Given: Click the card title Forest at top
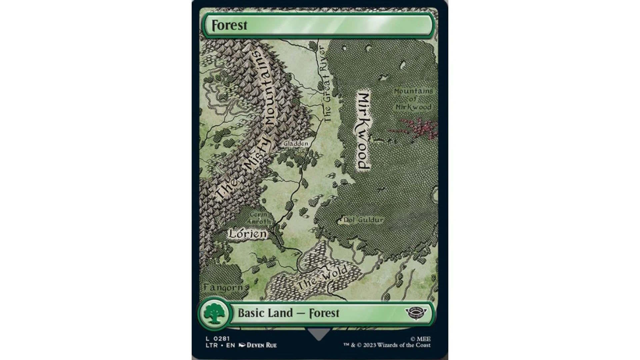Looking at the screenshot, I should point(230,25).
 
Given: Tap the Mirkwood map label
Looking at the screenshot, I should point(363,131).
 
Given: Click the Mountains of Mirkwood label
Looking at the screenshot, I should point(413,99).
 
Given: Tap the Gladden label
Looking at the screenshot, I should point(296,144).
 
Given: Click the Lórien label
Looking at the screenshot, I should point(248,234).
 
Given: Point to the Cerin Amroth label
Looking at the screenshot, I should point(259,218).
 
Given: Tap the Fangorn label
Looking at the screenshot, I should point(223,287).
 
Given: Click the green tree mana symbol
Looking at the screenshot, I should point(213,313).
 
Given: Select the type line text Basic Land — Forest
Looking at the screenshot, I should point(288,313).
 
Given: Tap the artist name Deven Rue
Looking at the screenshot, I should point(261,345).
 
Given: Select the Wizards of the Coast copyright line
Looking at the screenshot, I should point(387,345).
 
